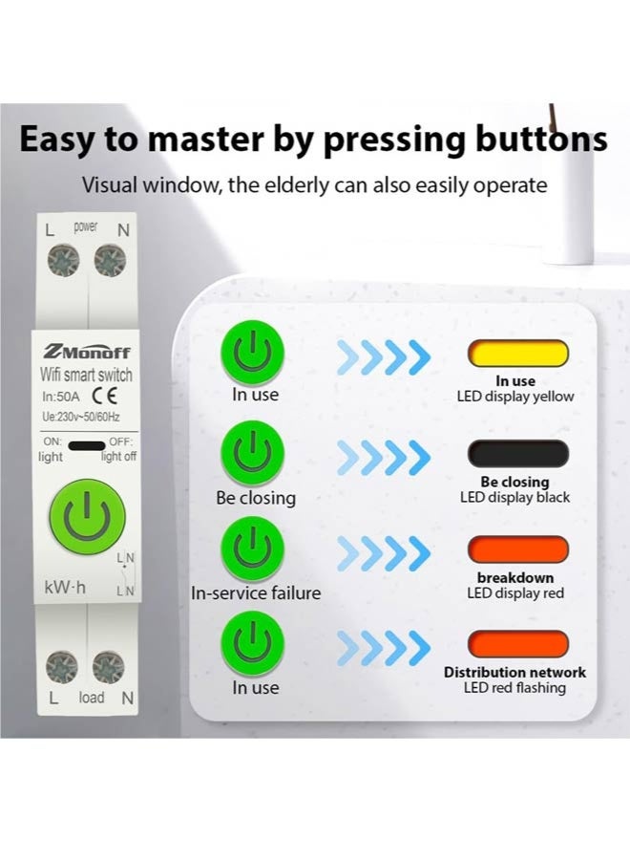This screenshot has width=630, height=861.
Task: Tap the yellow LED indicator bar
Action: [517, 355]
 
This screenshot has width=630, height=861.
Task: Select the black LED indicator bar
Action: [517, 453]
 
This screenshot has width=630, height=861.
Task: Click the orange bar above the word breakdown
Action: [517, 549]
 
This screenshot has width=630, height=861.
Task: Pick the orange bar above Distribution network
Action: [517, 643]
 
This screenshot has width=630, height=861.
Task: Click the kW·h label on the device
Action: [65, 588]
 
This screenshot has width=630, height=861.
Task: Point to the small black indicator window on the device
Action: [87, 445]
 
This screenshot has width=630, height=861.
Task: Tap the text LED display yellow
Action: [515, 397]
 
